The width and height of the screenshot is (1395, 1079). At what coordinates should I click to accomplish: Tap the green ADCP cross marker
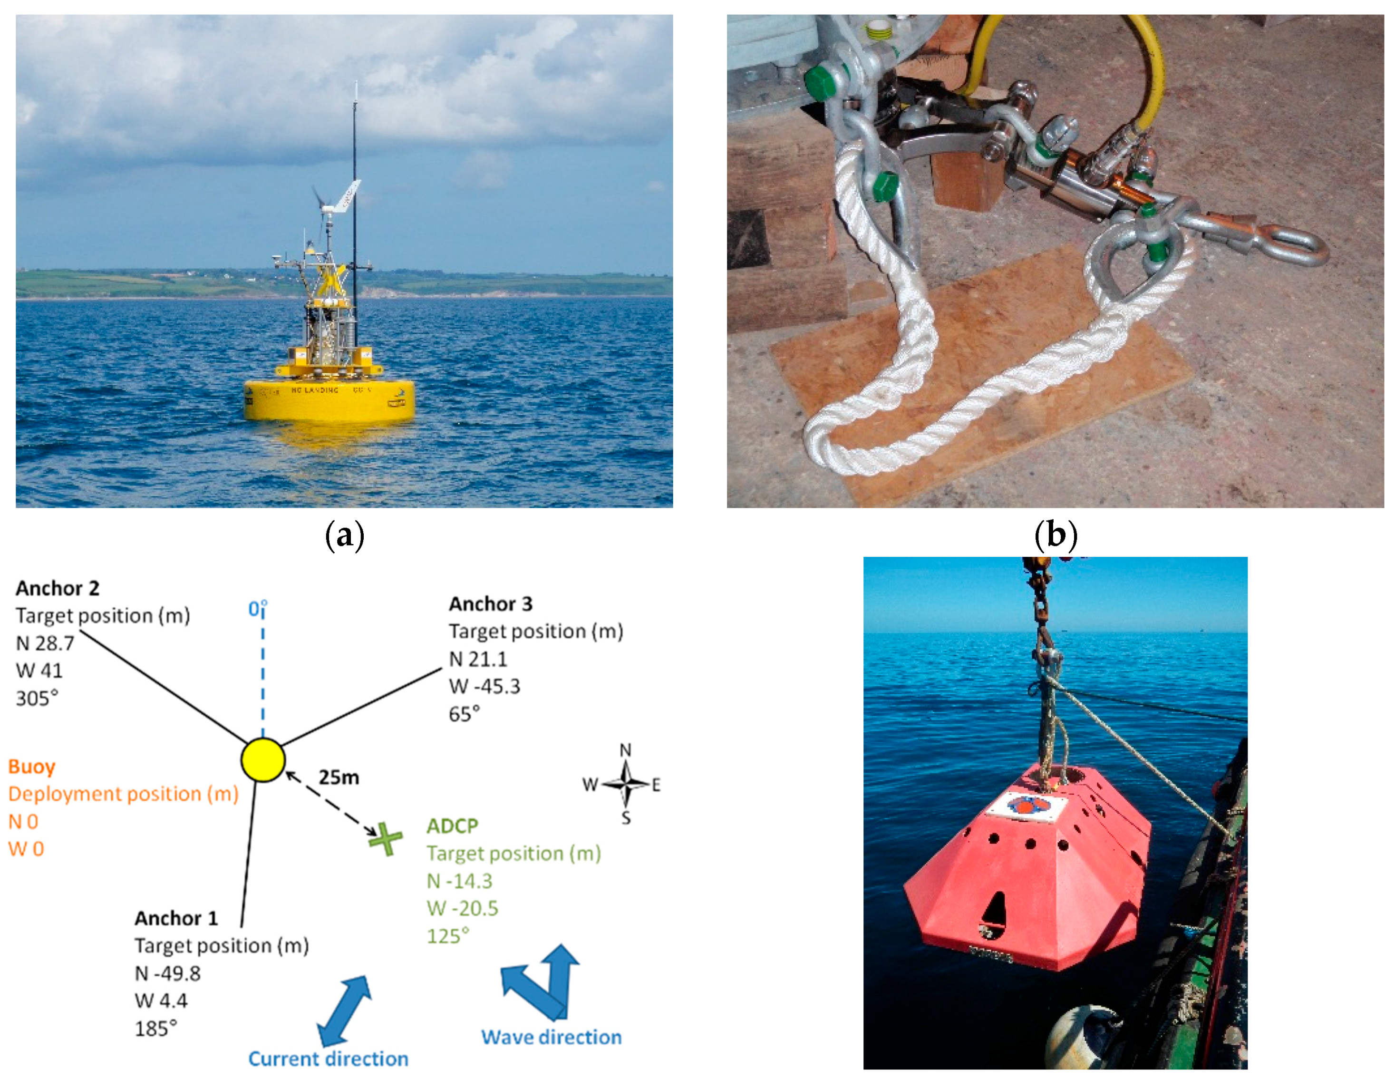(386, 839)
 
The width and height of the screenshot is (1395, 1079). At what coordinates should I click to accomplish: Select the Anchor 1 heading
(175, 918)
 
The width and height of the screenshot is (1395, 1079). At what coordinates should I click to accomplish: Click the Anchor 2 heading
(58, 588)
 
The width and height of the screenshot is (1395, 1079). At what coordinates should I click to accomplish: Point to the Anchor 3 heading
(490, 604)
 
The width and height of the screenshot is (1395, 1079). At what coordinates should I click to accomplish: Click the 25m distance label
(339, 778)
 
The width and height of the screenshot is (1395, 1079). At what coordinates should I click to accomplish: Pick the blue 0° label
(257, 609)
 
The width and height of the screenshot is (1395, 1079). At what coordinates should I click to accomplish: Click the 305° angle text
(37, 698)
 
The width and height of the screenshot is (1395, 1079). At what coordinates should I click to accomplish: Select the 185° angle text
(155, 1029)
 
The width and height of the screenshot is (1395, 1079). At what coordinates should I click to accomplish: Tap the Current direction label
(328, 1059)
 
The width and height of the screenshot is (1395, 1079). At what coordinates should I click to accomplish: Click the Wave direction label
(551, 1037)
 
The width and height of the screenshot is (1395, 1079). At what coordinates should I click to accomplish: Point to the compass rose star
(626, 783)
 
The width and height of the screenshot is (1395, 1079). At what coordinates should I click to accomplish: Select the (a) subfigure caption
(344, 535)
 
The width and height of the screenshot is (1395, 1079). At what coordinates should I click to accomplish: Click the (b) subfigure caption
(1055, 535)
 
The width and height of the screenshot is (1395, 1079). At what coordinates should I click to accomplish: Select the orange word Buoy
(31, 767)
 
